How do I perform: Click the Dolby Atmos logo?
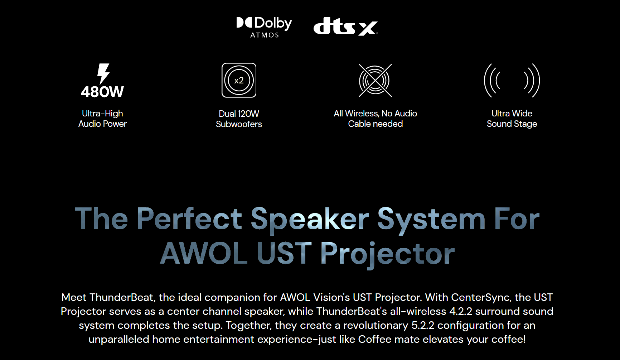tap(264, 27)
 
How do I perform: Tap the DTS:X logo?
tap(345, 26)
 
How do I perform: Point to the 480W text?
tap(102, 92)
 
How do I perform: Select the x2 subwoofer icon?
tap(239, 80)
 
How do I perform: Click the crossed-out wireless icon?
tap(375, 81)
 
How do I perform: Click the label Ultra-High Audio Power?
tap(102, 119)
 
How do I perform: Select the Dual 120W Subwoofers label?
tap(239, 119)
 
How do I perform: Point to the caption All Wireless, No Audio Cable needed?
tap(375, 119)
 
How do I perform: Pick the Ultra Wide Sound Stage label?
tap(512, 119)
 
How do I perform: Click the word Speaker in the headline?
tap(310, 219)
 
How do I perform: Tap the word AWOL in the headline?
tap(204, 253)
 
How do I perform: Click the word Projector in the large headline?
tap(387, 254)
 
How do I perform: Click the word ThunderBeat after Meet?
tap(122, 297)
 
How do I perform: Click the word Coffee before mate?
tap(375, 339)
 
